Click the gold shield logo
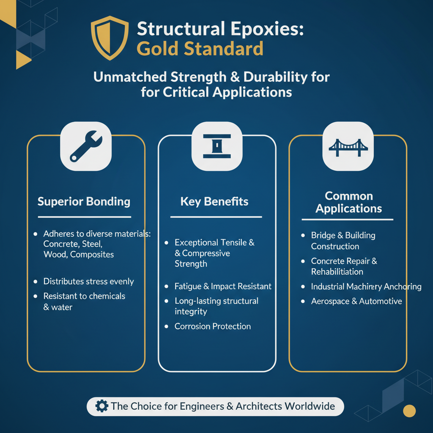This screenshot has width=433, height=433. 110,38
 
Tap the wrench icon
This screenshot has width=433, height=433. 86,147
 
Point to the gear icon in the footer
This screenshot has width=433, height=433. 101,406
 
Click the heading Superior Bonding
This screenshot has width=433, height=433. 84,201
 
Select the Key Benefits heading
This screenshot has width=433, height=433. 215,201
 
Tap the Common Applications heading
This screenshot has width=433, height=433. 348,202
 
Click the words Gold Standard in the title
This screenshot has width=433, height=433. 200,49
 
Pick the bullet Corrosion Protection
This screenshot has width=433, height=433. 213,326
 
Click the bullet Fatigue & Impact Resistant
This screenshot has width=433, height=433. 223,286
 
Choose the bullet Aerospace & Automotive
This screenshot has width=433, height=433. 356,301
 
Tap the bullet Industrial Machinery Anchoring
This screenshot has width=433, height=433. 366,287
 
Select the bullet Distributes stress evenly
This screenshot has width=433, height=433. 88,281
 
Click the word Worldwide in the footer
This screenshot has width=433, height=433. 310,406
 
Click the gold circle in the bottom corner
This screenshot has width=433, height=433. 409,411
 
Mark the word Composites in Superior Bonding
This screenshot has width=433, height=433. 92,254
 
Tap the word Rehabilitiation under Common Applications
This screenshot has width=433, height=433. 337,271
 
